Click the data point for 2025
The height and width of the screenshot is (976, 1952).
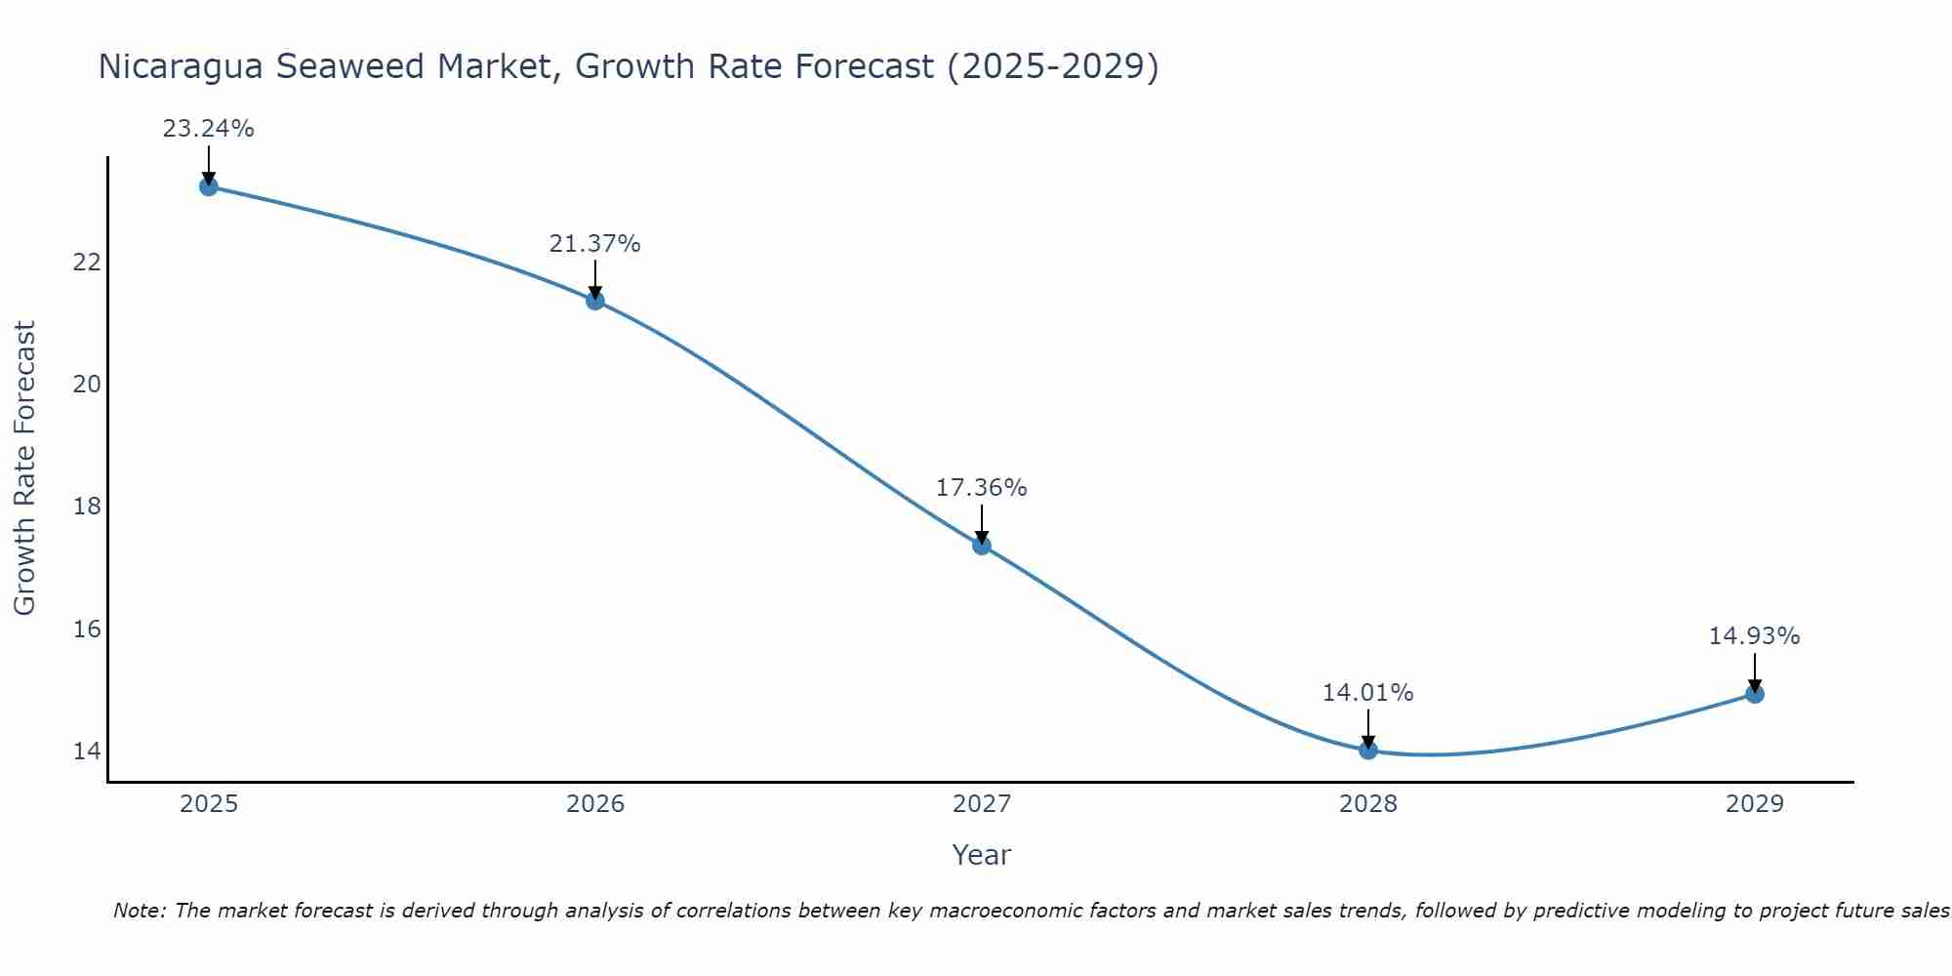click(209, 186)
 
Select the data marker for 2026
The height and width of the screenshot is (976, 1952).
click(595, 301)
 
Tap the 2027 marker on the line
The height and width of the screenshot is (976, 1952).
click(982, 546)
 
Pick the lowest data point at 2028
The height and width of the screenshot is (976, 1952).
click(1368, 751)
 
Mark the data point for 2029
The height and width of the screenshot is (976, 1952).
click(1755, 694)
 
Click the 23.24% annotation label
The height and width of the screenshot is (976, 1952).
click(208, 129)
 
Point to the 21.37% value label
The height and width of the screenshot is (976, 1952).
click(594, 244)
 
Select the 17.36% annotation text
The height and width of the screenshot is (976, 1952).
click(981, 488)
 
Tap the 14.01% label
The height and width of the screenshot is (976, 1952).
click(1367, 693)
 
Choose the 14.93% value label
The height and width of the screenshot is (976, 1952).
click(1754, 636)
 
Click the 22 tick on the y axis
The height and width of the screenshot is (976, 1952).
click(87, 263)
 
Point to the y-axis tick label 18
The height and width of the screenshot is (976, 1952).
click(87, 507)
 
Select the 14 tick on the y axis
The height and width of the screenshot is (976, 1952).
click(87, 751)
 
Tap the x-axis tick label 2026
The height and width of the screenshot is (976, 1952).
click(595, 804)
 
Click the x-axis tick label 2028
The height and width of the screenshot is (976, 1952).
click(1368, 804)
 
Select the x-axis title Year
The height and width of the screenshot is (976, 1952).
click(981, 855)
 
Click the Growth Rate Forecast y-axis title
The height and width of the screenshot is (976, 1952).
click(25, 468)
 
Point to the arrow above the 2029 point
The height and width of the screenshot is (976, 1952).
click(1755, 672)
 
